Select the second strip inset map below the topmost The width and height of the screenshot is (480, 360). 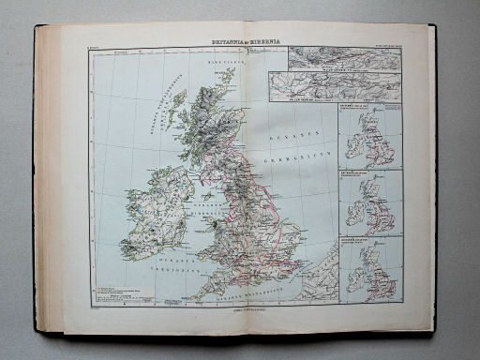336,88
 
